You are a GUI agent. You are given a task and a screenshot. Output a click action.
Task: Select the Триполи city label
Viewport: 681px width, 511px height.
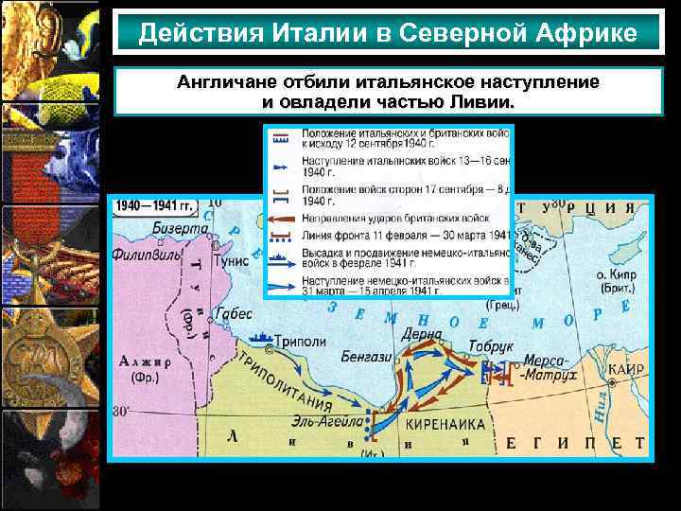(303, 342)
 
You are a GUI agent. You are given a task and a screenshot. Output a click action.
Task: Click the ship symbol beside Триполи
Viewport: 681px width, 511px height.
(263, 338)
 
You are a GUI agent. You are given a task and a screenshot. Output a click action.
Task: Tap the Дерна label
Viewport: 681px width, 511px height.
(421, 334)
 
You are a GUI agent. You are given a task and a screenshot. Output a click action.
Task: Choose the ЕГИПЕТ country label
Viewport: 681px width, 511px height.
(574, 443)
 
